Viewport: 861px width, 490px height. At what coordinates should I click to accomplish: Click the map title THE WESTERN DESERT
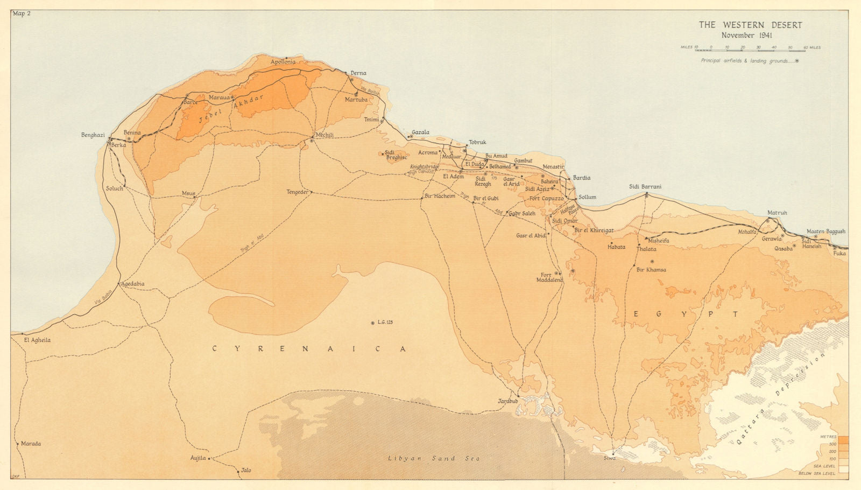[x=750, y=25]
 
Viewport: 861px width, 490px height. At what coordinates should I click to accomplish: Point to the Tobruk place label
[x=477, y=142]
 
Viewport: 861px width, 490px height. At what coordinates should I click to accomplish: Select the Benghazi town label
[x=93, y=135]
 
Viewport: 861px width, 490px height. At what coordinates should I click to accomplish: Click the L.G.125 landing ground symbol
[x=372, y=323]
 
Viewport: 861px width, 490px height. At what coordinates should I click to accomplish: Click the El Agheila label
[x=37, y=340]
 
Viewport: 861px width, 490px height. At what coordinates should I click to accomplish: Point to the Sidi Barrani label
[x=645, y=187]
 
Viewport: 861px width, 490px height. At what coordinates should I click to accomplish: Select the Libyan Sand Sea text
[x=433, y=458]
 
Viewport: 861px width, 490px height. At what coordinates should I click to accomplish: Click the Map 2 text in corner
[x=22, y=13]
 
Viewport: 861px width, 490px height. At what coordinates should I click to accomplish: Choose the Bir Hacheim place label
[x=440, y=196]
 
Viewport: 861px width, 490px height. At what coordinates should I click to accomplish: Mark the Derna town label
[x=358, y=73]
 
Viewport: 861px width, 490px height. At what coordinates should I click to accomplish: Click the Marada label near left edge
[x=31, y=444]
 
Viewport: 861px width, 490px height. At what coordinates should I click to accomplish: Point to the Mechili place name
[x=325, y=135]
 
